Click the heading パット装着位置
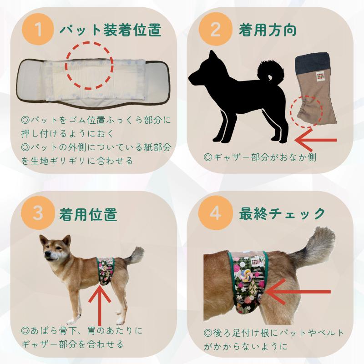click(111, 31)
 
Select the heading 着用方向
click(268, 31)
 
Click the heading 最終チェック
click(282, 213)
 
